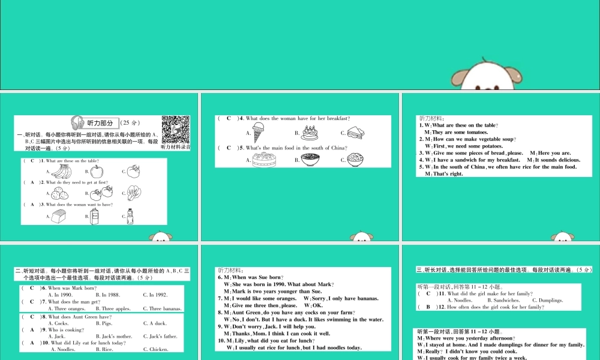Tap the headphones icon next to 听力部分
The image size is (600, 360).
[77, 122]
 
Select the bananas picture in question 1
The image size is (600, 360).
[61, 172]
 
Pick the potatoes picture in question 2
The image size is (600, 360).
[60, 193]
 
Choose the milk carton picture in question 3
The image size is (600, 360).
[94, 216]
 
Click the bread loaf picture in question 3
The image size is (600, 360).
[60, 216]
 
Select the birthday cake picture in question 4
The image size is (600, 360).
[310, 133]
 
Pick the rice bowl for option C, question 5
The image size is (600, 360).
[355, 160]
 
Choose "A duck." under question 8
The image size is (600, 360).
[154, 323]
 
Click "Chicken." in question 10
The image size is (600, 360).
[155, 349]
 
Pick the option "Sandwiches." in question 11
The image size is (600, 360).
[503, 300]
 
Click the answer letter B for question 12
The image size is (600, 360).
[428, 307]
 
